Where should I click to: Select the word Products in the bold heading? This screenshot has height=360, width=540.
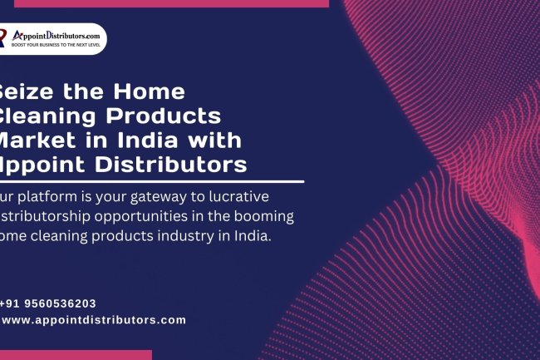click(172, 115)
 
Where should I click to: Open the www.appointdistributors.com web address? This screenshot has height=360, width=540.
click(94, 320)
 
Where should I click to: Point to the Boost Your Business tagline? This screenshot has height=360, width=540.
click(56, 45)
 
